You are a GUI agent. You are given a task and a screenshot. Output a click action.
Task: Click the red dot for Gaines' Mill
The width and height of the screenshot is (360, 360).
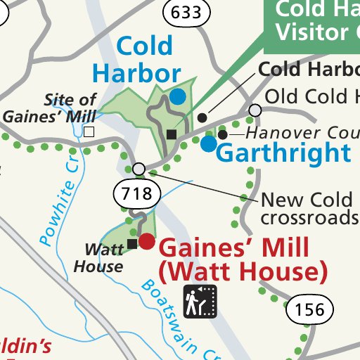pos(146,242)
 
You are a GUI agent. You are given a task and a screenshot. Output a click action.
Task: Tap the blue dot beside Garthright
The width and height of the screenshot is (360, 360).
pos(208,144)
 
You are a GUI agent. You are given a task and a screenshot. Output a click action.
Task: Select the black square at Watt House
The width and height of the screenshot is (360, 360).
pos(132,244)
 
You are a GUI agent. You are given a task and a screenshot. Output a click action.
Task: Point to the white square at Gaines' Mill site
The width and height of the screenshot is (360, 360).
pos(89,131)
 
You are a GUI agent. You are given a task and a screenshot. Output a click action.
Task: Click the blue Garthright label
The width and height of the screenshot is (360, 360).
pos(283,153)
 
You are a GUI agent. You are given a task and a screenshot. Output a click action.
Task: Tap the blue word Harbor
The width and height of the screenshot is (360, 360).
pos(136,72)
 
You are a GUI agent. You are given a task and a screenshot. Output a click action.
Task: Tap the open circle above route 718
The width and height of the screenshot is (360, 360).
pos(139,169)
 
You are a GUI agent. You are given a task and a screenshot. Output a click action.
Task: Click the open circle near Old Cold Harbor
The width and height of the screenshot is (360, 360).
pos(255,110)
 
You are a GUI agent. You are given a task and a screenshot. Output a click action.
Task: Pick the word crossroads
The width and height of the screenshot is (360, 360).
pos(308,218)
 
